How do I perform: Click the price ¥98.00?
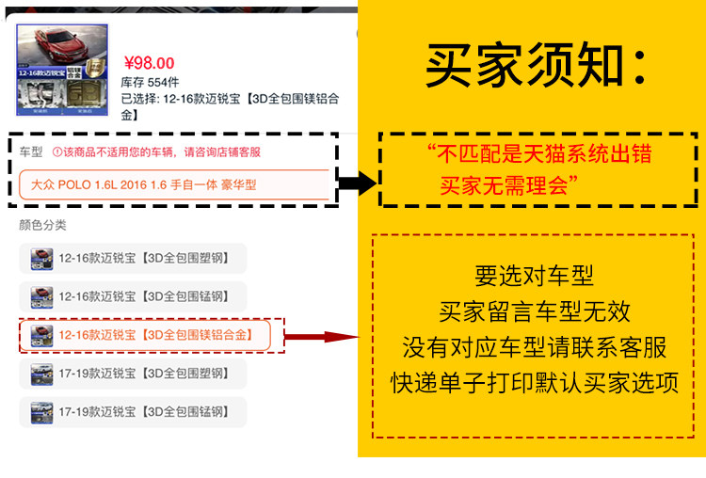click(149, 63)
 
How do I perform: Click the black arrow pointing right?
click(357, 183)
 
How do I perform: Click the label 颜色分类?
click(42, 225)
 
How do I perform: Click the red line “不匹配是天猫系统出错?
click(538, 153)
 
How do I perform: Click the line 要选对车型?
click(535, 276)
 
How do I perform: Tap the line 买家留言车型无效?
click(535, 311)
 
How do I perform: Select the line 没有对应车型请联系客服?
click(535, 347)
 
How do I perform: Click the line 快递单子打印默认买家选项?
click(535, 383)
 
